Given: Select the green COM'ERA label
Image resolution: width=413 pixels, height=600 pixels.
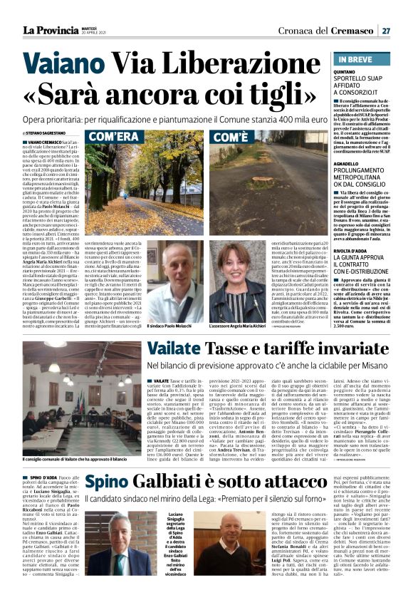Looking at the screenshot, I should (113, 136).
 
